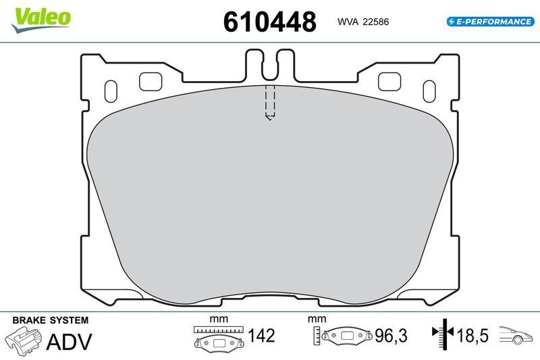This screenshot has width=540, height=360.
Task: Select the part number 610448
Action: click(269, 22)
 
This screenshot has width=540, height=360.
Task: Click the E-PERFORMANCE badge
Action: click(490, 22)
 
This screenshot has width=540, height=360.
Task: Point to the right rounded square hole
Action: click(388, 81)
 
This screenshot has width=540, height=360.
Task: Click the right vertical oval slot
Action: click(427, 91)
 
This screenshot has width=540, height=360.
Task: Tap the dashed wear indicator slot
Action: click(269, 103)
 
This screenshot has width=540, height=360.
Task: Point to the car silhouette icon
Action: click(516, 336)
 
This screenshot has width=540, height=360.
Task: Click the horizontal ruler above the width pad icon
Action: click(217, 329)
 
